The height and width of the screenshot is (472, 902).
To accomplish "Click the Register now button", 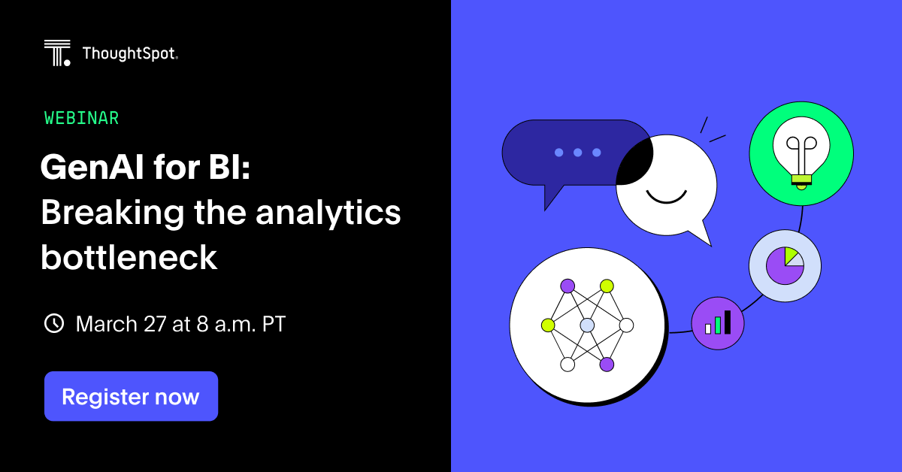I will (131, 396).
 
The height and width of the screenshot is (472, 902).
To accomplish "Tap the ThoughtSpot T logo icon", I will (57, 53).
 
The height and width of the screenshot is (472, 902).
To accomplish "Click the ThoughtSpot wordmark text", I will (130, 53).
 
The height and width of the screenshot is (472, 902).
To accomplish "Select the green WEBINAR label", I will (81, 118).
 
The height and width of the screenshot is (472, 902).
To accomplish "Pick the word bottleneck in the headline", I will (129, 257).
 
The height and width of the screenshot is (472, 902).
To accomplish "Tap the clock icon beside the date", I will (54, 324).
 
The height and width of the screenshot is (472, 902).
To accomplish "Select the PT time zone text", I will (274, 324).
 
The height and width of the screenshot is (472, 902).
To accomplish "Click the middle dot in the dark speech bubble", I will (577, 153).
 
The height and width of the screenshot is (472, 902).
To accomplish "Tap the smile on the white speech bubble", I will (666, 197).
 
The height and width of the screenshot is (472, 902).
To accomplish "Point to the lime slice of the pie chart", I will (791, 256).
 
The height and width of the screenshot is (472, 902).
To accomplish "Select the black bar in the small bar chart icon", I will (727, 322).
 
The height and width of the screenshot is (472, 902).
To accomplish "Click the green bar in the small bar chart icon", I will (718, 325).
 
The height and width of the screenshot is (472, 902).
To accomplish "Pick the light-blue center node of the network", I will (587, 325).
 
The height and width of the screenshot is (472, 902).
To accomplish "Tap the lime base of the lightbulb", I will (801, 178).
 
